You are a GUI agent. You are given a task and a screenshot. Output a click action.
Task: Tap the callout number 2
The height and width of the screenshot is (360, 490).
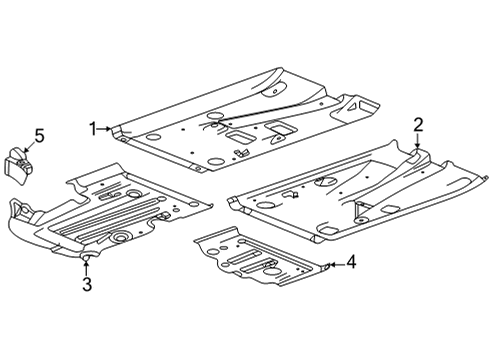tap(419, 124)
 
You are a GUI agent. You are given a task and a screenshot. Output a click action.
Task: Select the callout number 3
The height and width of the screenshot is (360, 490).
tap(87, 287)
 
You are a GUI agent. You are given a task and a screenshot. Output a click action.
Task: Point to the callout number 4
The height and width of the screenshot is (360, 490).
tap(351, 263)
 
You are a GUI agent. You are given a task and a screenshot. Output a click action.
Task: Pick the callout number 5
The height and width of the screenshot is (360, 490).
tap(39, 134)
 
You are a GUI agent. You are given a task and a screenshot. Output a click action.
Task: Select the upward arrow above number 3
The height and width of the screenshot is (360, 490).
tap(87, 268)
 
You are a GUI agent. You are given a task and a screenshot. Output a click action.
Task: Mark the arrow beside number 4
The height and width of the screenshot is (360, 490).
tap(335, 264)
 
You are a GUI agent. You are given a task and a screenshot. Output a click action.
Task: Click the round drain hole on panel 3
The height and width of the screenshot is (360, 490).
tap(119, 238)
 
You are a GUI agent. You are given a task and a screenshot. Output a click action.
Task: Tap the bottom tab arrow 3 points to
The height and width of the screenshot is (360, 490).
tap(87, 258)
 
